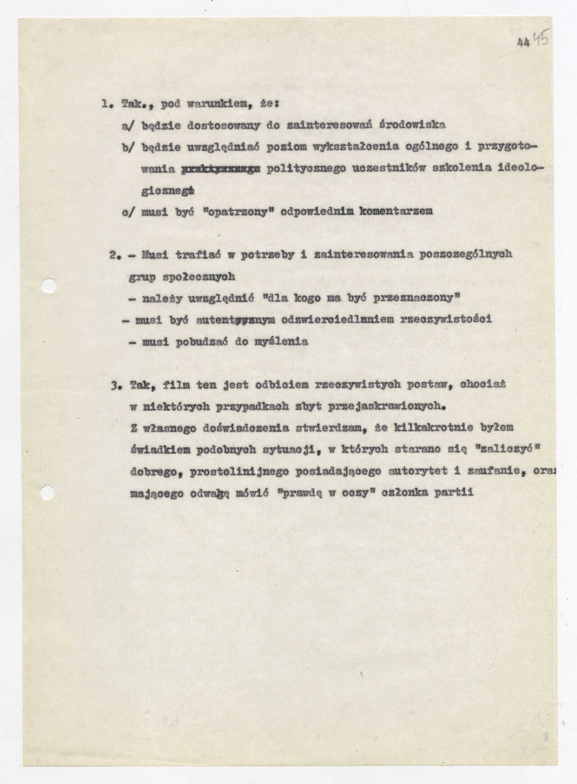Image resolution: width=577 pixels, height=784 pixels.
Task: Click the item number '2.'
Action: [115, 255]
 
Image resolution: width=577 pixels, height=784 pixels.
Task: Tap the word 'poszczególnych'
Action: [466, 255]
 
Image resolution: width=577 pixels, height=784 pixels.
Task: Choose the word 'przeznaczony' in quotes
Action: [415, 298]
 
